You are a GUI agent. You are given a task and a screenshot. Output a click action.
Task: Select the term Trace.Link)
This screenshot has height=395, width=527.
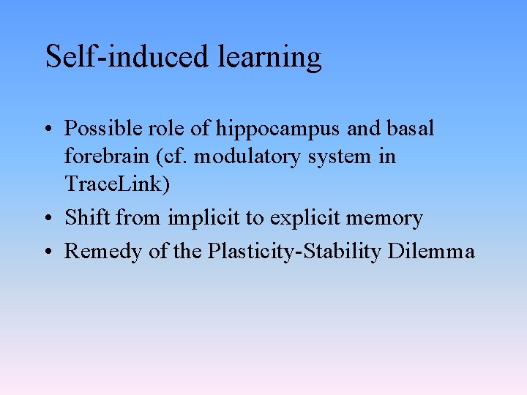117,184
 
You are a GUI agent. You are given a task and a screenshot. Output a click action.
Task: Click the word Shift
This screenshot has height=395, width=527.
88,217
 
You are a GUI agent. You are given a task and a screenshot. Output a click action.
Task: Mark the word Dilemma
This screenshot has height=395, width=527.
432,252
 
